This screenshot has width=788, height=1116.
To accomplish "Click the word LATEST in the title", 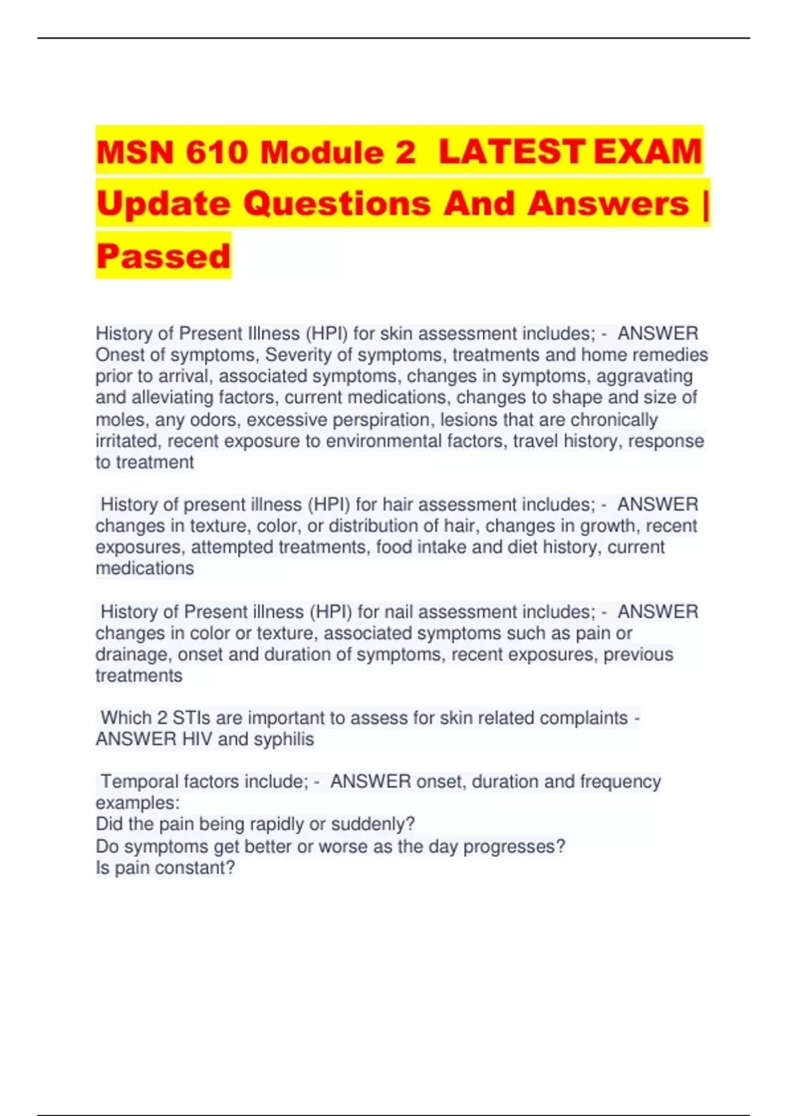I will (x=511, y=152).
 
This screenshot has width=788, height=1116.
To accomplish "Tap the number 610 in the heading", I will (x=217, y=153).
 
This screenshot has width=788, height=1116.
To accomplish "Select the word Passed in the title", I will (x=164, y=256).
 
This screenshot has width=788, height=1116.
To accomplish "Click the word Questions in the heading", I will (x=338, y=204).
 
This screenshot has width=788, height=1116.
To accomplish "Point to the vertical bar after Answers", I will (x=706, y=204).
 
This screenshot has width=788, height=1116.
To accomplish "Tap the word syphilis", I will (x=284, y=739).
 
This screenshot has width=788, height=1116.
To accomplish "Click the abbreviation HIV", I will (x=197, y=739).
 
